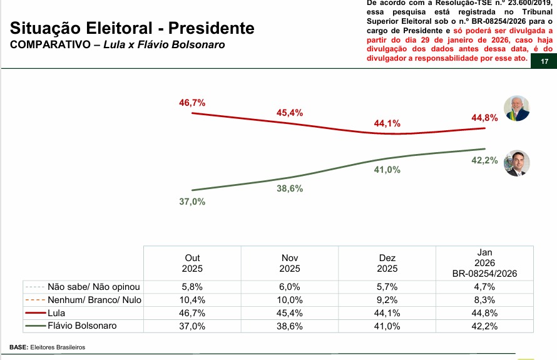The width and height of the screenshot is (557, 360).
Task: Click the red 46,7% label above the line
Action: coord(192,103)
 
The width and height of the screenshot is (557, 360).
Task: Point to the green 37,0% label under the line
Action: coord(192,202)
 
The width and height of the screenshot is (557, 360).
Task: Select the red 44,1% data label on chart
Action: coord(387,123)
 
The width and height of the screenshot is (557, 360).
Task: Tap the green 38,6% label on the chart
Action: coord(290,188)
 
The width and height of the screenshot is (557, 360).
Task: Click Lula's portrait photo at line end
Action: coord(517,108)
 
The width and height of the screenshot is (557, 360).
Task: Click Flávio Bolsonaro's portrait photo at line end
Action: coord(517,163)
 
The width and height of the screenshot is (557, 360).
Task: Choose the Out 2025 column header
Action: coord(192,263)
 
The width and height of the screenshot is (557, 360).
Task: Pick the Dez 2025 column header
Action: coord(387,263)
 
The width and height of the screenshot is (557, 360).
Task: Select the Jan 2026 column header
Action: coord(484,262)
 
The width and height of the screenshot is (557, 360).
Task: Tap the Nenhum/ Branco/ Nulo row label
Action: coord(95,300)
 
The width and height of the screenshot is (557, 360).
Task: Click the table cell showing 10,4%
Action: coord(192,300)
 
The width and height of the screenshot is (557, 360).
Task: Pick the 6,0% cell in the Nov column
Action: coord(290,287)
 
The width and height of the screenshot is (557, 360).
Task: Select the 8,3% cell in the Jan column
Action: coord(484,300)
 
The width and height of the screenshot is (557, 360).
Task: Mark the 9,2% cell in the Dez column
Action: coord(387,300)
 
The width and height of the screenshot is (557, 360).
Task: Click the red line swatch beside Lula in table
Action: coord(34,313)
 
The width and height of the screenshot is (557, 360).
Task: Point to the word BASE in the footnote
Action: coord(18,347)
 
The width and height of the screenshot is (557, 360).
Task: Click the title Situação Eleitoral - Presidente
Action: coord(133,29)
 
